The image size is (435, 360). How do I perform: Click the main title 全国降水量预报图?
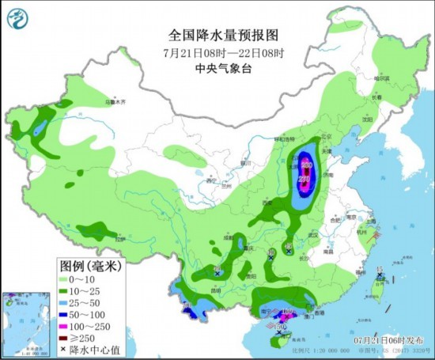click(x=217, y=35)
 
